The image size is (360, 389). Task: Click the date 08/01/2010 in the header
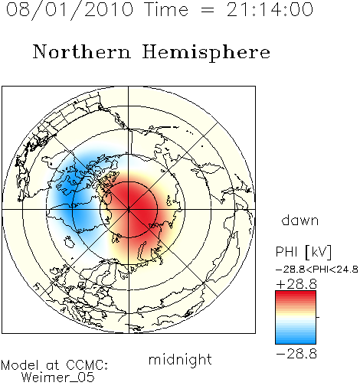coord(70,10)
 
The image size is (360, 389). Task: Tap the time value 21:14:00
coord(270,9)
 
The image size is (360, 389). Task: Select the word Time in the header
coord(166,9)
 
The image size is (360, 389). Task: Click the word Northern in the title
coord(82,51)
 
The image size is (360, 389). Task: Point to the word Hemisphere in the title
coord(206,53)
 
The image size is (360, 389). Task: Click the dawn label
coord(300,220)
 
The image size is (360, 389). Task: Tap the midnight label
coord(180,359)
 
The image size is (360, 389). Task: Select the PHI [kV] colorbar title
coord(303,252)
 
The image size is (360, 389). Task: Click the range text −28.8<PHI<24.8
coord(317,270)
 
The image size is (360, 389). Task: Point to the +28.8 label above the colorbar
coord(296,284)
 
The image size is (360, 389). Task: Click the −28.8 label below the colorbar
coord(296,354)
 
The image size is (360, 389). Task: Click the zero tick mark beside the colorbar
coord(318,317)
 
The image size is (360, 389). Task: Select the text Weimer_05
coord(58,377)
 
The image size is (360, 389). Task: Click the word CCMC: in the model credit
coord(87,365)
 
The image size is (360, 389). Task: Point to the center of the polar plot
coord(129,210)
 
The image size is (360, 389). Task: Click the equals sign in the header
coord(208,11)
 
